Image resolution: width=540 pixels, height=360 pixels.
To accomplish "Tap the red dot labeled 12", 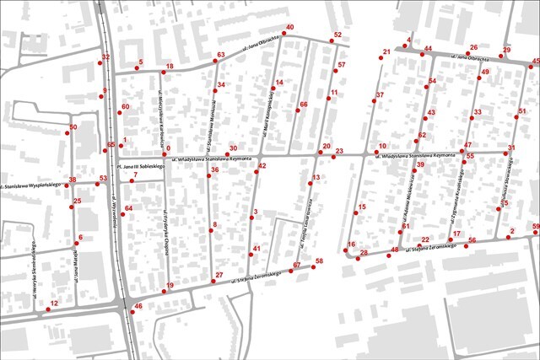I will [47, 309].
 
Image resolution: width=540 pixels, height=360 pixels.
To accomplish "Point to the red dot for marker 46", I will [131, 313].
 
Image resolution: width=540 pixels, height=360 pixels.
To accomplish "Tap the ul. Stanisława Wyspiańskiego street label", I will [32, 185].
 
